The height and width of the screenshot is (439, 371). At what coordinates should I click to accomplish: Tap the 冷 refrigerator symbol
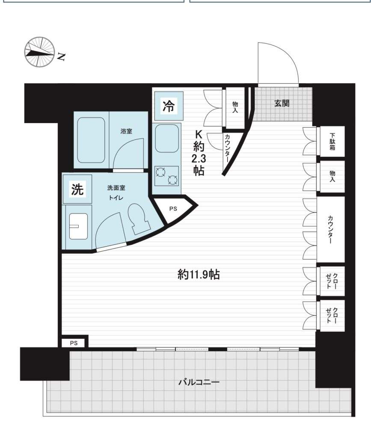(x=169, y=106)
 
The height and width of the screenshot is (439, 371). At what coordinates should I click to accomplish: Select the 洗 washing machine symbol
(x=77, y=189)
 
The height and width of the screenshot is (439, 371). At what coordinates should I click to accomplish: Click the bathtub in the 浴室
(x=91, y=140)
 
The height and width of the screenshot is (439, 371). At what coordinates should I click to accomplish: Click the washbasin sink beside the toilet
(x=78, y=226)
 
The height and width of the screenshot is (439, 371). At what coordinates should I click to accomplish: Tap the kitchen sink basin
(x=167, y=138)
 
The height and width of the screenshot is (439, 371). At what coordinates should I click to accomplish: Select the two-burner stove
(x=166, y=176)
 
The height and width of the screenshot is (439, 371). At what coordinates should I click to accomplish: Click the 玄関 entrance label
(x=282, y=103)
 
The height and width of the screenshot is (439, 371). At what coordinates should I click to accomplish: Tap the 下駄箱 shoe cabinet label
(x=332, y=141)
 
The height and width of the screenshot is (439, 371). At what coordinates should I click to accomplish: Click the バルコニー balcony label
(x=199, y=382)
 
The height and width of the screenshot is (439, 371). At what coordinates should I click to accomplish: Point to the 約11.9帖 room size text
(x=199, y=275)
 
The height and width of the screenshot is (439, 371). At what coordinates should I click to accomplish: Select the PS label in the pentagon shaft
(x=173, y=209)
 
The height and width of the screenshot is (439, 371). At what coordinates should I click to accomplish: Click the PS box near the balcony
(x=74, y=343)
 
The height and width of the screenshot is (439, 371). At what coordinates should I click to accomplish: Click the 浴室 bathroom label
(x=126, y=131)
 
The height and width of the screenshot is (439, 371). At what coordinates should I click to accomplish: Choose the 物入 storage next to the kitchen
(x=235, y=107)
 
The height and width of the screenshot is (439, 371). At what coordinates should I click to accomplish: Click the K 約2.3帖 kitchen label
(x=199, y=153)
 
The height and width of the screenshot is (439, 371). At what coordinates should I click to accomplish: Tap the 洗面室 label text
(x=116, y=188)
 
